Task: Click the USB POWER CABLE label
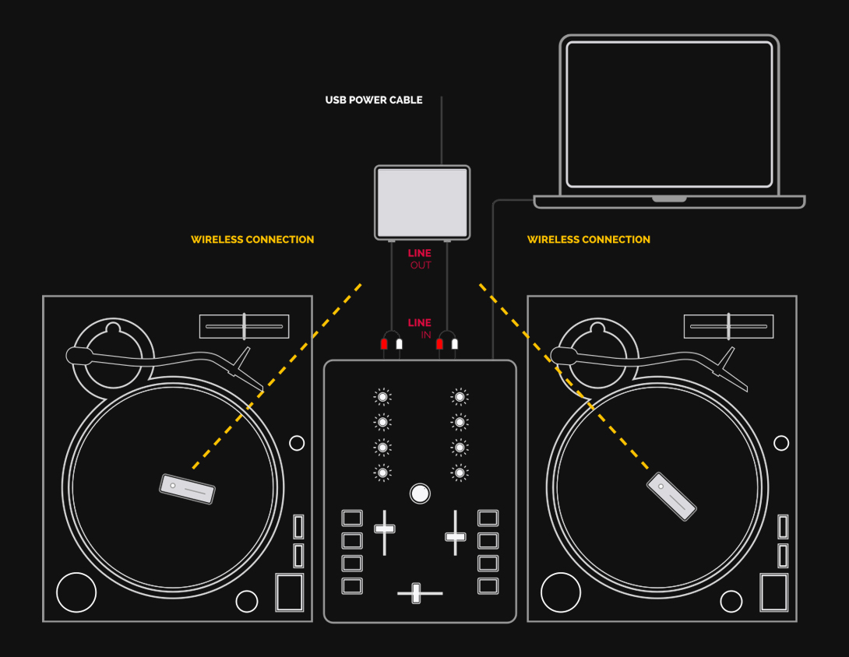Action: click(x=374, y=100)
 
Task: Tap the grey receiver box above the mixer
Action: click(x=422, y=202)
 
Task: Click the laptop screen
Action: click(x=669, y=114)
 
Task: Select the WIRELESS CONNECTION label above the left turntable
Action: click(x=252, y=239)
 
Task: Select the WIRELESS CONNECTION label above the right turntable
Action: click(x=589, y=239)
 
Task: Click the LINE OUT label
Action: click(x=420, y=258)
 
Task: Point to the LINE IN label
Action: click(x=420, y=328)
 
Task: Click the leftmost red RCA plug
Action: click(x=384, y=344)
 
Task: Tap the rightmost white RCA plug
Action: click(x=455, y=344)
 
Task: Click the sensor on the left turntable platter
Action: click(x=188, y=489)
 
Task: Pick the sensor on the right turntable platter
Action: click(x=671, y=497)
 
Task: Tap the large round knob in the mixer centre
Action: click(x=420, y=494)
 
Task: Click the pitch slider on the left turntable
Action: click(x=245, y=326)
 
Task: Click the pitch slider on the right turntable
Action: click(x=729, y=326)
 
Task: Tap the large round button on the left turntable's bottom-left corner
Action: click(x=76, y=592)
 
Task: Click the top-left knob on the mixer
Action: click(x=382, y=397)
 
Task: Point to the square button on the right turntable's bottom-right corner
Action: click(x=774, y=592)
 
